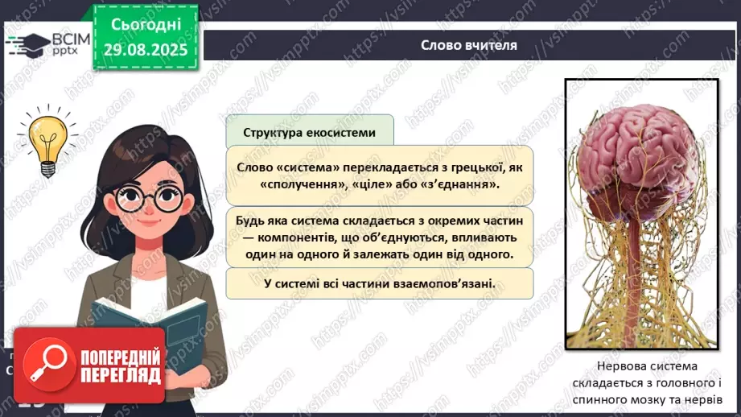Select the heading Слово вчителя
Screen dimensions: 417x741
click(x=469, y=45)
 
